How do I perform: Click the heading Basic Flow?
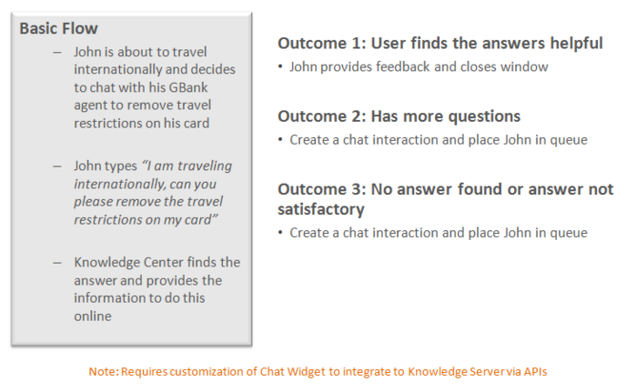click(58, 28)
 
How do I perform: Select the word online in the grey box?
click(93, 316)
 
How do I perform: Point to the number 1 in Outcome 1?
click(357, 43)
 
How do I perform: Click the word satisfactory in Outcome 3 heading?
click(321, 209)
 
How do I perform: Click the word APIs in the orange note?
click(535, 371)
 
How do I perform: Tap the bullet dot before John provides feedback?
click(280, 66)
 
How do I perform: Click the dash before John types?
click(56, 166)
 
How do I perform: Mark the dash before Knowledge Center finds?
click(56, 263)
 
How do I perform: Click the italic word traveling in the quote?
click(205, 166)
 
